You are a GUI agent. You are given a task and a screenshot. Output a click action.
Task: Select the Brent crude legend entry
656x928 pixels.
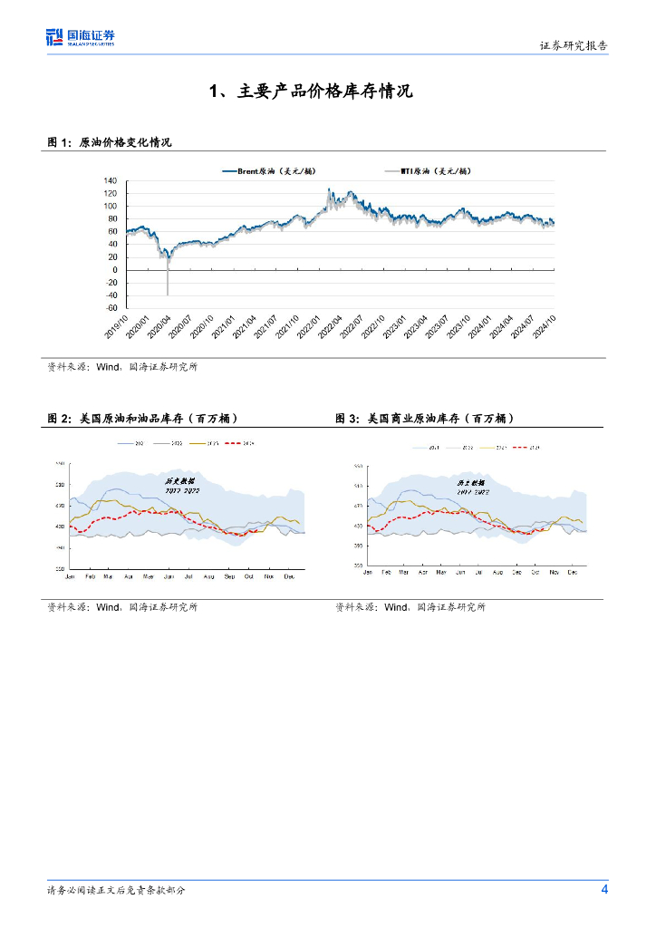(271, 170)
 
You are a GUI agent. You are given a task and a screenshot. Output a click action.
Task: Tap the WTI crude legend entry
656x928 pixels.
(426, 170)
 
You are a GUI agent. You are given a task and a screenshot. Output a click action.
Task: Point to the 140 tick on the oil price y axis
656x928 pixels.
(111, 181)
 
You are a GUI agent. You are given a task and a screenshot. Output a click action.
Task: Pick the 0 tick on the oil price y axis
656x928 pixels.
(114, 270)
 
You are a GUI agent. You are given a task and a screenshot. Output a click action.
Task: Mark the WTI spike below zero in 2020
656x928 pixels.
(168, 288)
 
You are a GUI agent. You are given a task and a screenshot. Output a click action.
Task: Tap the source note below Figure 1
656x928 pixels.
(122, 367)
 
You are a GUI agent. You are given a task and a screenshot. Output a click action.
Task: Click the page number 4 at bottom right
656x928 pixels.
(604, 889)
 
